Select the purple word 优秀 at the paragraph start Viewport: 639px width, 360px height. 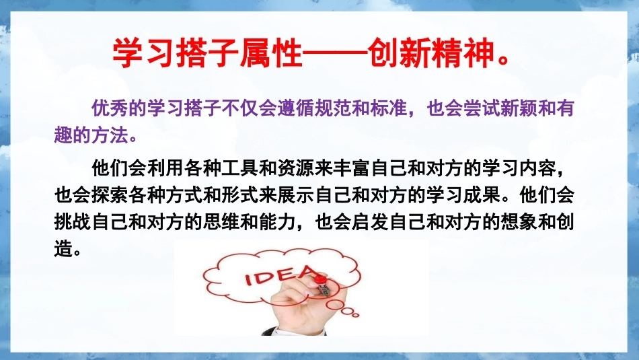110,108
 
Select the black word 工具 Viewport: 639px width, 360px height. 240,168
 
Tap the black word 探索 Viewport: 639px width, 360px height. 110,195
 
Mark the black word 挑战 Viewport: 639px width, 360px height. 73,223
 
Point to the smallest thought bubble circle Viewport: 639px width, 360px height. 355,315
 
